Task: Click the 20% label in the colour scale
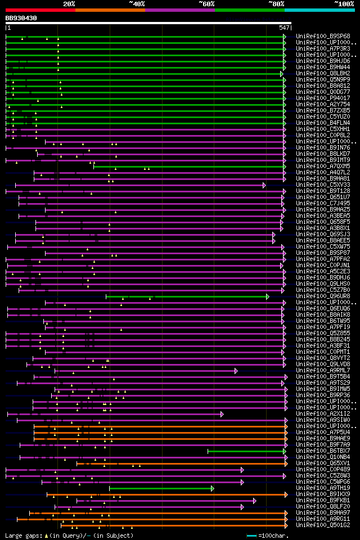click(x=69, y=3)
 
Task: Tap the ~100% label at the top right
click(x=344, y=3)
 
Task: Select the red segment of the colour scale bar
click(x=40, y=10)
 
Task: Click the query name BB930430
click(x=21, y=18)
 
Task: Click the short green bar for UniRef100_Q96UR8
click(x=186, y=296)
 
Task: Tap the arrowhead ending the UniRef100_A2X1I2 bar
click(x=222, y=414)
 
